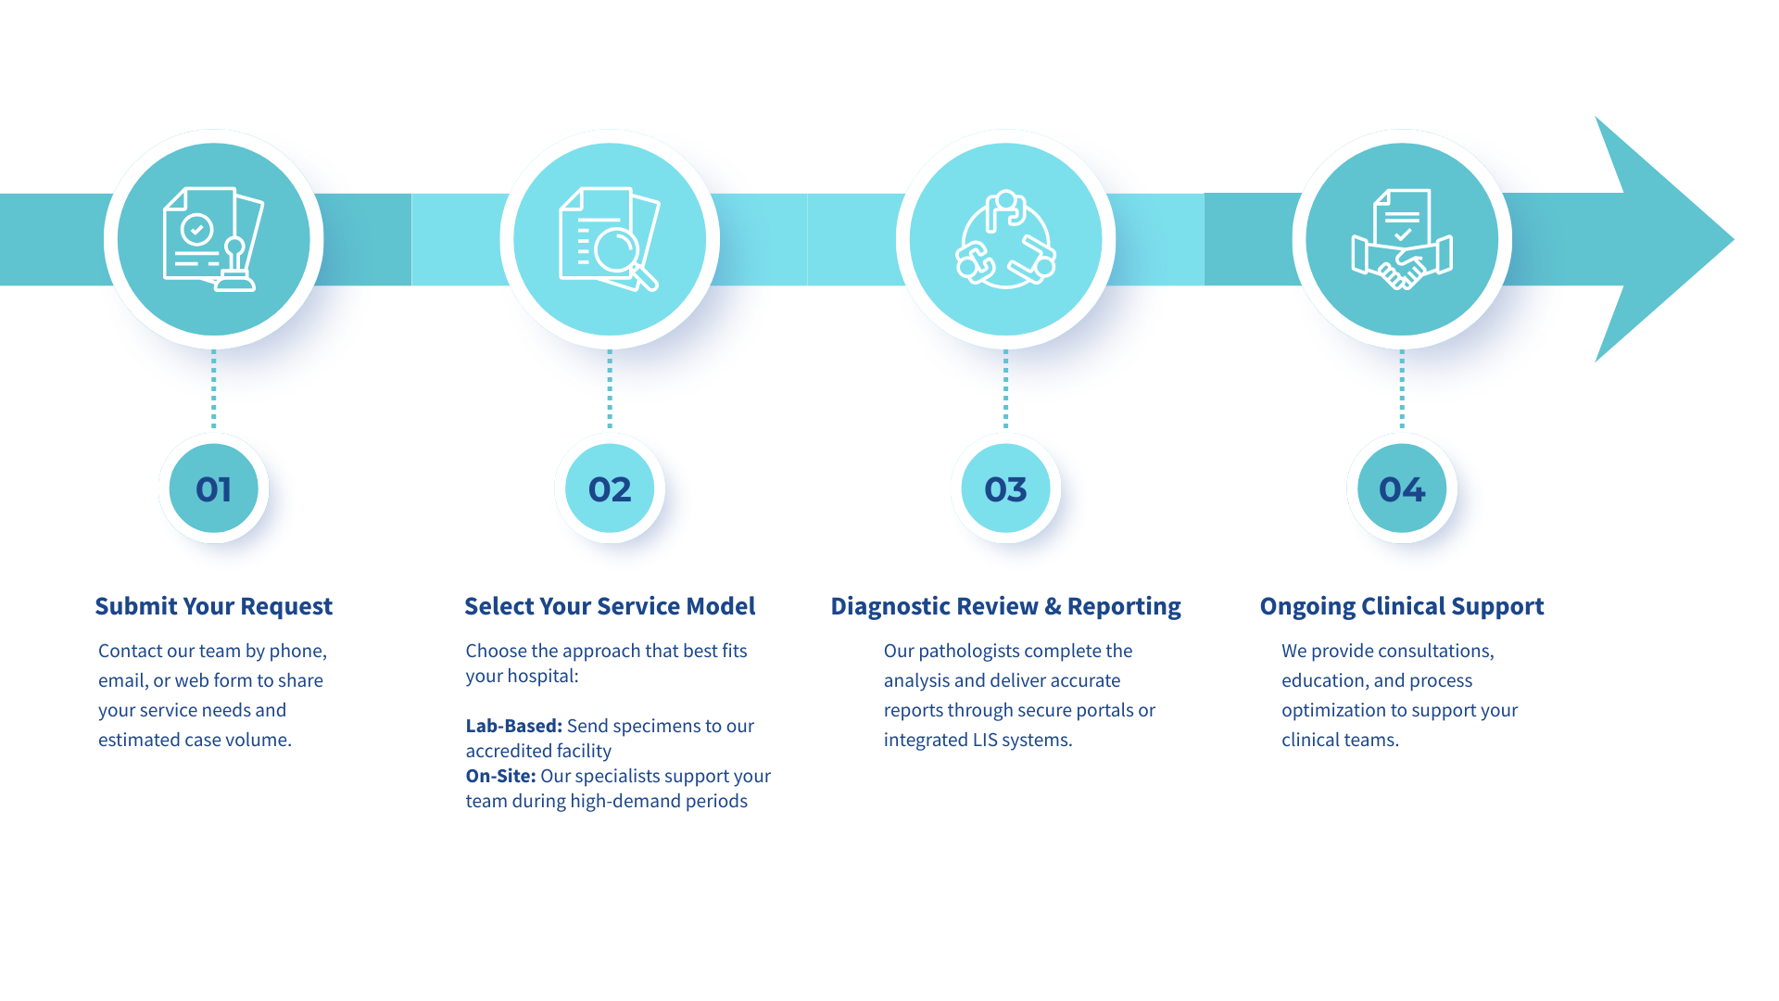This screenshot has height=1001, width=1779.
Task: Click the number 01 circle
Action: click(213, 488)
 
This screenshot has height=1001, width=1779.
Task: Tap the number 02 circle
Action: click(610, 488)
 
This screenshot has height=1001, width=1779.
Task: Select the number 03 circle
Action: click(1005, 488)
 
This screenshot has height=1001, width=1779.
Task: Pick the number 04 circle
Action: click(1401, 488)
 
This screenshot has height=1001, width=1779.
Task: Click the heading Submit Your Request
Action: click(213, 606)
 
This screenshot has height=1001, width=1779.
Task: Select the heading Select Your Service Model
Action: click(610, 606)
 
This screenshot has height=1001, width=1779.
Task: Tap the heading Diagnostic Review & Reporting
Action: click(1005, 606)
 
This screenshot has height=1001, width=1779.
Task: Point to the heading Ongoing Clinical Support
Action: click(1401, 606)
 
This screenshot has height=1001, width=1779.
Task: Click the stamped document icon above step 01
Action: click(213, 239)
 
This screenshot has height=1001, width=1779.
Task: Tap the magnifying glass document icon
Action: click(610, 239)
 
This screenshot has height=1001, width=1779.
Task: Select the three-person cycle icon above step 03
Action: click(1005, 239)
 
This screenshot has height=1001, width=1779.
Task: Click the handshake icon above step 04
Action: click(1401, 239)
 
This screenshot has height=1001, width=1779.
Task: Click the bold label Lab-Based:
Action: click(513, 726)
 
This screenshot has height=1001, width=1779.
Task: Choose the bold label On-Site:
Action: click(500, 776)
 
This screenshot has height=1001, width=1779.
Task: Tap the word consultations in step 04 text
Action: click(1434, 651)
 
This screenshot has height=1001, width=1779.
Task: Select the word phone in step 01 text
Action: click(296, 651)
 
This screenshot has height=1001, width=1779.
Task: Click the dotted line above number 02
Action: click(610, 389)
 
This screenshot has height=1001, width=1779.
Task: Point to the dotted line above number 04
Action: click(1401, 389)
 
